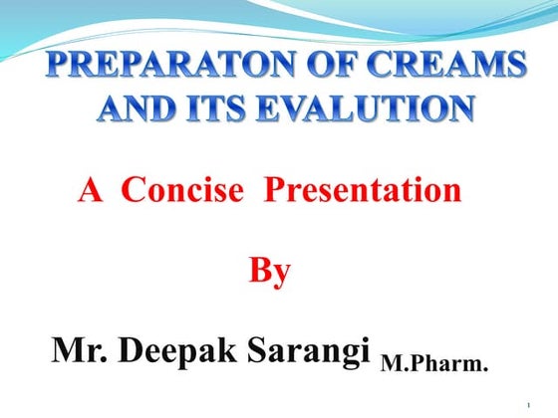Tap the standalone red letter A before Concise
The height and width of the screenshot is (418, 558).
[91, 189]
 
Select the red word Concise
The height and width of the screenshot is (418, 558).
[181, 189]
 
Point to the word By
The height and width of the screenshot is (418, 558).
[269, 270]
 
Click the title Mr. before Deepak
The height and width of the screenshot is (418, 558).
[77, 350]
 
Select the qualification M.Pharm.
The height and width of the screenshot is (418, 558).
[433, 366]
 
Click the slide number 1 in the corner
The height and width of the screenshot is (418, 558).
[527, 405]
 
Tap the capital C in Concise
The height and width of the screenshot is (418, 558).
[133, 189]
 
